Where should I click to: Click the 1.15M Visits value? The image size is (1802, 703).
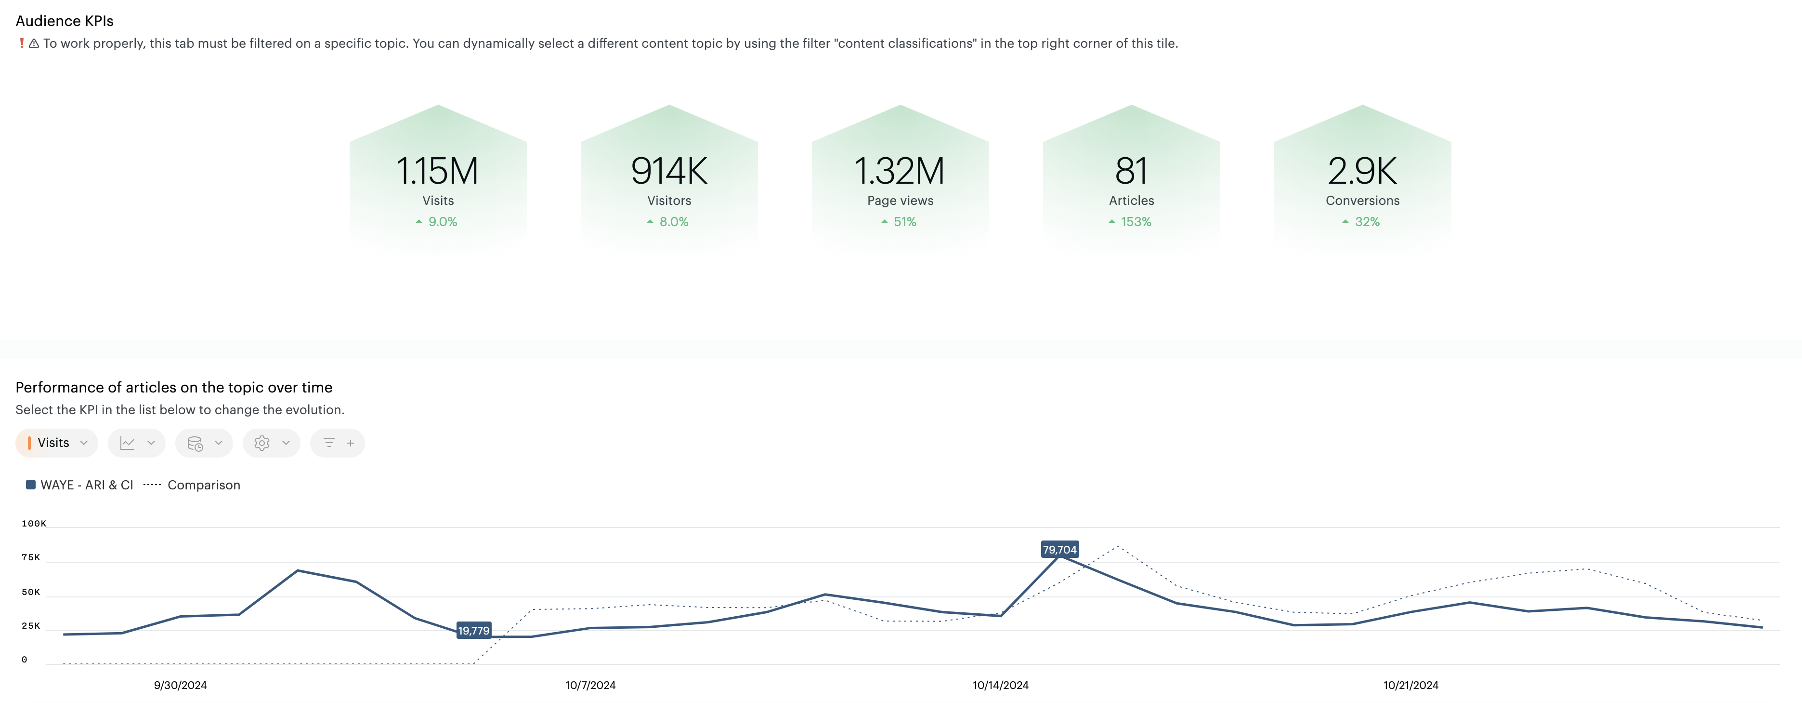click(x=437, y=171)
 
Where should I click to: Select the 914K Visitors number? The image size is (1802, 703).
click(x=669, y=171)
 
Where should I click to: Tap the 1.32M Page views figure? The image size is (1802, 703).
click(x=900, y=171)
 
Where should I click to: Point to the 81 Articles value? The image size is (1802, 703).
click(x=1131, y=171)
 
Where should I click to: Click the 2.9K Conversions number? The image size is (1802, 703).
click(x=1362, y=171)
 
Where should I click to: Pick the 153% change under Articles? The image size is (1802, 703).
click(x=1130, y=222)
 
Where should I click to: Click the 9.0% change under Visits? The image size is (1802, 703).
click(x=437, y=222)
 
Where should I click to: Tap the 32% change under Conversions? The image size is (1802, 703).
click(x=1361, y=222)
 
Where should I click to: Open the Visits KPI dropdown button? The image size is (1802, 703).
click(x=57, y=443)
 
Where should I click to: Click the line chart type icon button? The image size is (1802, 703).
click(x=136, y=443)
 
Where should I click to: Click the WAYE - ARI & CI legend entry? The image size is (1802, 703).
click(x=80, y=485)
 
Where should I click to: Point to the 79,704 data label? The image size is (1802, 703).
click(x=1059, y=550)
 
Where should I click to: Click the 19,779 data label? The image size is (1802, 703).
click(x=473, y=631)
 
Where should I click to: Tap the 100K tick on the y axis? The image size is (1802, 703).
click(x=34, y=524)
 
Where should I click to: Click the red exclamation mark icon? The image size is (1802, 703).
click(x=22, y=43)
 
